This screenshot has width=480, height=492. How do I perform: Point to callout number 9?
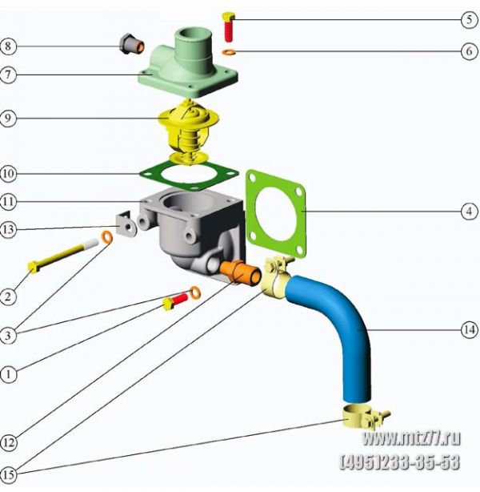point(9,119)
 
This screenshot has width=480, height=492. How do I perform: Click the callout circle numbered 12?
point(9,440)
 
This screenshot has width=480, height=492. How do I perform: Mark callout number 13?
point(9,229)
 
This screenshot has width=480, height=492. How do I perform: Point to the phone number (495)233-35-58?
point(400,462)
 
